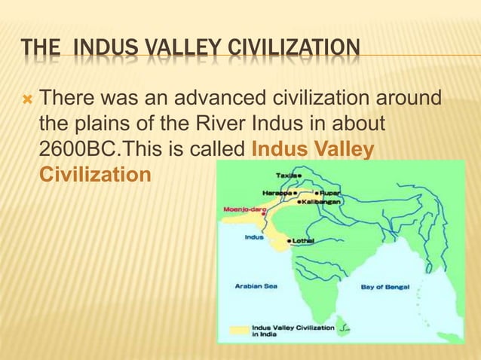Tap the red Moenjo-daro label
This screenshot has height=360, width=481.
[x=242, y=209]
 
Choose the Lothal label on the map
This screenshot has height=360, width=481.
[x=303, y=240]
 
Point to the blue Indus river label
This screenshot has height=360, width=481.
[x=254, y=236]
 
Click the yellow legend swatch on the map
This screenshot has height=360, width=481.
[x=239, y=330]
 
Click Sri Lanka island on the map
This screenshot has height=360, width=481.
[x=343, y=329]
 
